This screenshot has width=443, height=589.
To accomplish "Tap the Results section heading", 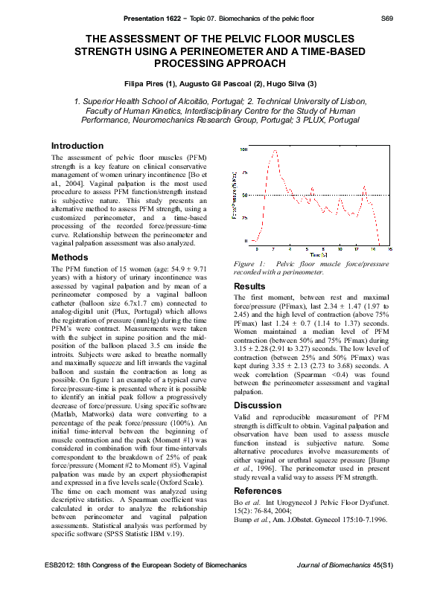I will pos(250,286).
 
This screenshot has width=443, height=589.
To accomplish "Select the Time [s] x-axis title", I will pos(319,254).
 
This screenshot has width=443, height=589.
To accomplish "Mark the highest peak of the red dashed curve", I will pos(275,150).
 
